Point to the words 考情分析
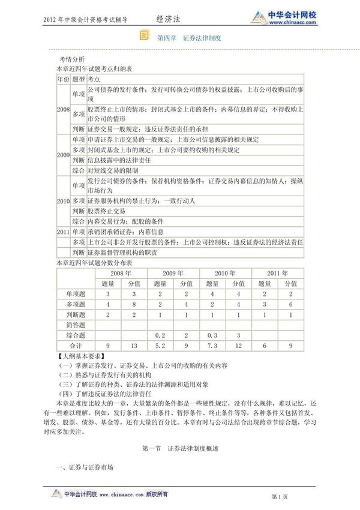point(72,61)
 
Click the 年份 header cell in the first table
point(63,79)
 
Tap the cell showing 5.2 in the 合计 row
point(160,346)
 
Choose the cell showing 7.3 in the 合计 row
point(212,346)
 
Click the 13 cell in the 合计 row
point(134,346)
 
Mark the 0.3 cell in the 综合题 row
point(212,335)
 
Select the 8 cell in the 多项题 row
point(134,304)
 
